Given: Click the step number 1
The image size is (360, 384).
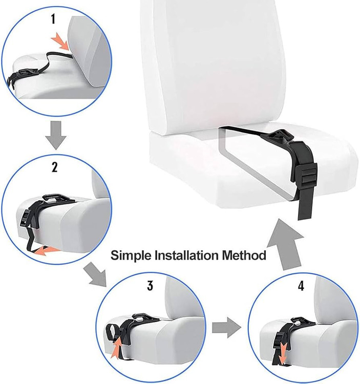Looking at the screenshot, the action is click(53, 19).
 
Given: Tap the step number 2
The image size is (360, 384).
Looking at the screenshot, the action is click(55, 167).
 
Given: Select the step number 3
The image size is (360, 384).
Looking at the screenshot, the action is click(150, 286).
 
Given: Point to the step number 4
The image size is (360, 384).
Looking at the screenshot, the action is click(301, 286).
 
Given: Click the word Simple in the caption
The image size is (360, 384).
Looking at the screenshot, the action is click(131, 255).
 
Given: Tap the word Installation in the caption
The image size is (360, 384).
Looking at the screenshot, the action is click(186, 255).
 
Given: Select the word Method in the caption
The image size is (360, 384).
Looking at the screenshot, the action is click(244, 255).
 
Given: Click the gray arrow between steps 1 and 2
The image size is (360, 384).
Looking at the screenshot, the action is click(56, 135).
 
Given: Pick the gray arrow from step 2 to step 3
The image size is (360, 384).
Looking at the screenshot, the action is click(96, 274).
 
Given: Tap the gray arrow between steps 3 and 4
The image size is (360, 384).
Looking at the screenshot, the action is click(226, 328).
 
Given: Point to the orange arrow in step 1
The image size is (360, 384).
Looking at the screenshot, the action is click(60, 41).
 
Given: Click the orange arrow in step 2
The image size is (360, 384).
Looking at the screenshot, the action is click(46, 251).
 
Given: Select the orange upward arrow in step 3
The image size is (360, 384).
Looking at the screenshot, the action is click(117, 348).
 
